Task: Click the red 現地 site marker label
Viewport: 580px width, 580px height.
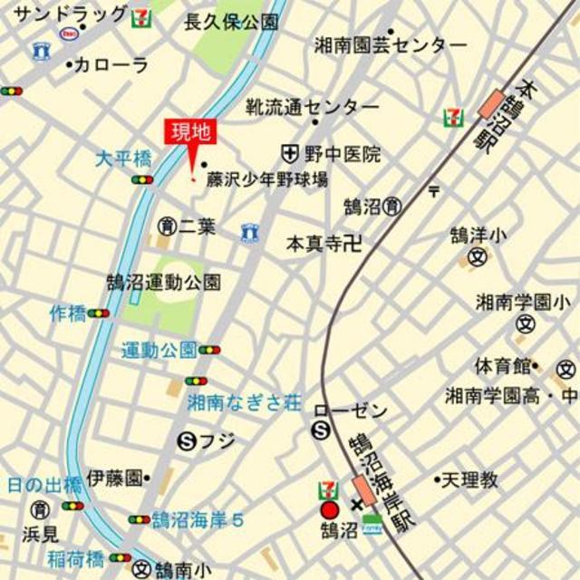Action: [189, 132]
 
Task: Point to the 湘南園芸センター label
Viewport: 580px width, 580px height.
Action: [391, 43]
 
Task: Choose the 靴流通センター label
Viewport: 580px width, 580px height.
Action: [313, 106]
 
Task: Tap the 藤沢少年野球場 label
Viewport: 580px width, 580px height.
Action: [266, 179]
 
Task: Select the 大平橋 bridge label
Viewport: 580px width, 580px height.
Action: [124, 159]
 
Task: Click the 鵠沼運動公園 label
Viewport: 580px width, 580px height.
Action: [163, 282]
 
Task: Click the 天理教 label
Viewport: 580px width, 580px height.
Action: [469, 479]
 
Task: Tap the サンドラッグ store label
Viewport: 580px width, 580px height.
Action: [72, 14]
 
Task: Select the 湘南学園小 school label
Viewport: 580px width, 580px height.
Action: [524, 302]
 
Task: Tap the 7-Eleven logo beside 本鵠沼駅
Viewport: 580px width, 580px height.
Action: [450, 116]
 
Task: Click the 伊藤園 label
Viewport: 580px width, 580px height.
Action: [115, 477]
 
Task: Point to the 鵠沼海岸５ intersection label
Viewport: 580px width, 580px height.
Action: [198, 520]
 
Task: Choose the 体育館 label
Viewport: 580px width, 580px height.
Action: [503, 366]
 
